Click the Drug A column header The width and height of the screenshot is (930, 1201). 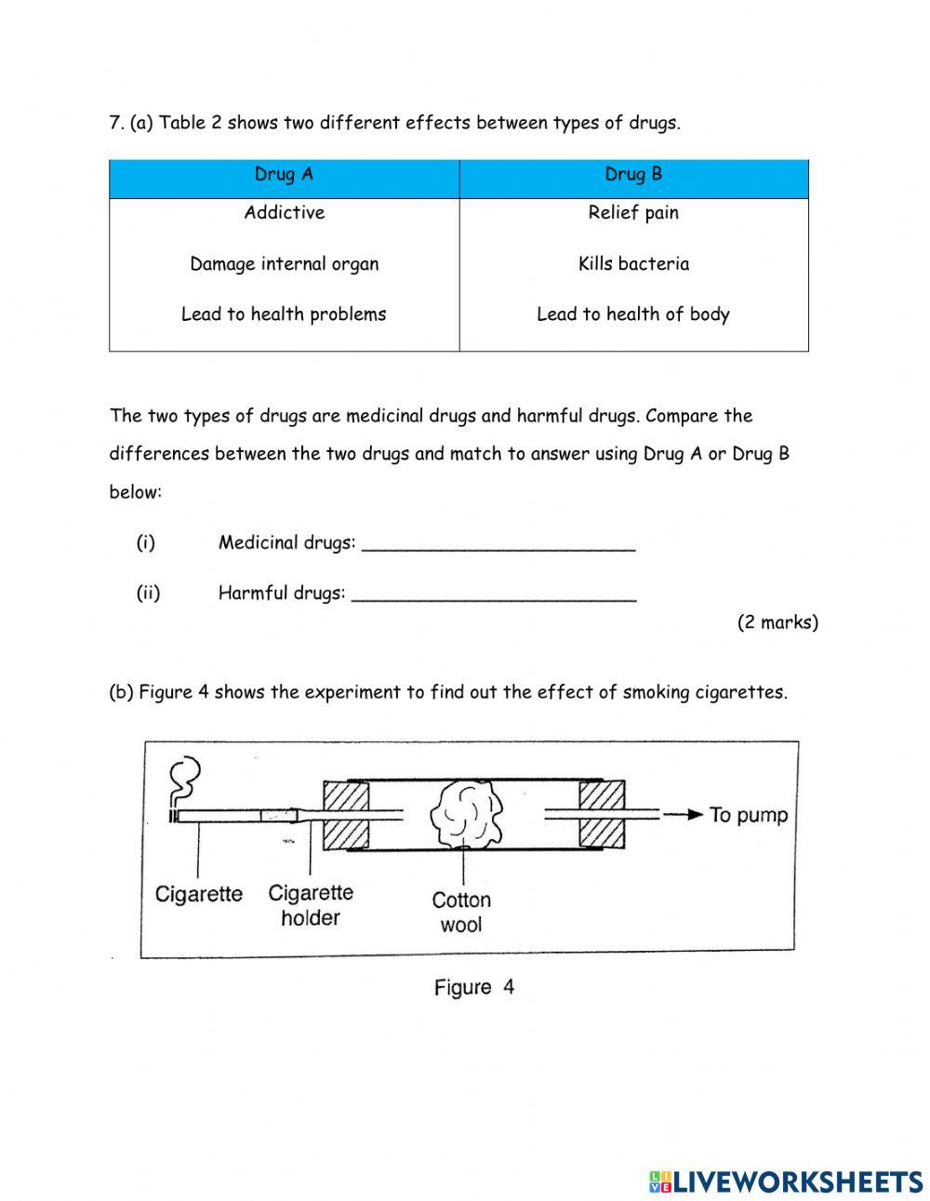284,175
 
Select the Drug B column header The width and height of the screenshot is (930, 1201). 633,175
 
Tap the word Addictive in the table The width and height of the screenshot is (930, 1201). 284,213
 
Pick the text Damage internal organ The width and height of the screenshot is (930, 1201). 284,264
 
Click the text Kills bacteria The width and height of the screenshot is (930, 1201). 633,264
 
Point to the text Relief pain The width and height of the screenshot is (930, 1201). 633,213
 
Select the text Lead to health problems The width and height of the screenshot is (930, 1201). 284,314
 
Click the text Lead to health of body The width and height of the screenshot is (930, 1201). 633,314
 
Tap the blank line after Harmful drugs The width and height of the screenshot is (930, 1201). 495,596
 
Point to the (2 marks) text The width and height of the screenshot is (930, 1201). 777,622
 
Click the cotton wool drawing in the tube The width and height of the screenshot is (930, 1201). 467,814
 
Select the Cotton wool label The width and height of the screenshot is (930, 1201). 461,912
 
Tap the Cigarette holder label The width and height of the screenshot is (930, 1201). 311,905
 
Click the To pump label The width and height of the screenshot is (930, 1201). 748,815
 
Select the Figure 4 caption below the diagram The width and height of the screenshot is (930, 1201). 473,987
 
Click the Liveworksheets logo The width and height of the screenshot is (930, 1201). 786,1181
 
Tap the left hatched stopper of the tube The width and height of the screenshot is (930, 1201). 346,815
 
